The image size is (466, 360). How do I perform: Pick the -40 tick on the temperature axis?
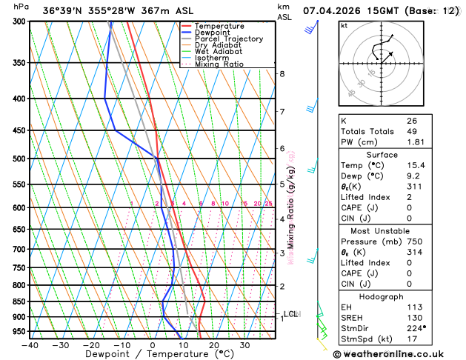pos(30,344)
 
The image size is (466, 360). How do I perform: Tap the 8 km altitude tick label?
pos(282,74)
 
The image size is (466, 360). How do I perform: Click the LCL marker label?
pos(290,314)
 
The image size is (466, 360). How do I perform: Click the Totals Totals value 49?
pos(412,130)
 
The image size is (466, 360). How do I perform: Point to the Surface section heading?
pos(397,153)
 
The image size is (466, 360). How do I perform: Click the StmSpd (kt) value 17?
pos(412,339)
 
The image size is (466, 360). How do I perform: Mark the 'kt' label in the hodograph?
pos(344,25)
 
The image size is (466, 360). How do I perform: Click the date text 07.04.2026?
pos(328,11)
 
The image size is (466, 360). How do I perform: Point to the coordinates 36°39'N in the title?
pos(62,11)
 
